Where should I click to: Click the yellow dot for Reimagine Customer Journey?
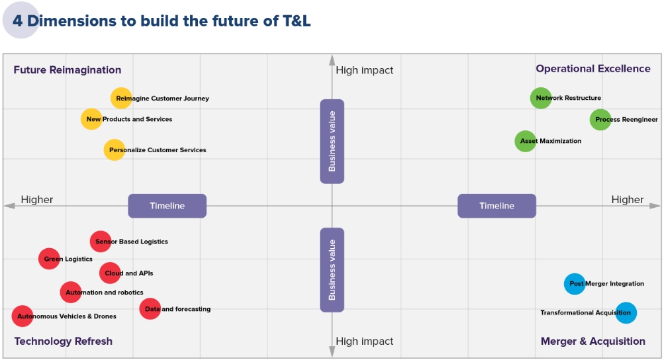tap(121, 98)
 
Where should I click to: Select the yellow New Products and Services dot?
tap(91, 119)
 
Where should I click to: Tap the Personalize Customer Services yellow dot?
tap(115, 150)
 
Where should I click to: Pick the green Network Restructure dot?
tap(541, 98)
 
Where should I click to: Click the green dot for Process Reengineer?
tap(600, 120)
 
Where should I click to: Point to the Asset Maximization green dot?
tap(526, 141)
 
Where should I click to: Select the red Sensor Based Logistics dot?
tap(101, 242)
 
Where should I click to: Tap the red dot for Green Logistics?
tap(49, 259)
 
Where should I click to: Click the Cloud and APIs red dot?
tap(111, 273)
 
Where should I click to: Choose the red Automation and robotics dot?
tap(71, 292)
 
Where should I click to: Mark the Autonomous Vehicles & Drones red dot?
tap(23, 316)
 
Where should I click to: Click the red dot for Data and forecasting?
tap(150, 308)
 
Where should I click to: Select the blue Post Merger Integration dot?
tap(575, 284)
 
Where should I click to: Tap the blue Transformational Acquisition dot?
tap(626, 312)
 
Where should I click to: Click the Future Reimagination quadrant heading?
tap(68, 69)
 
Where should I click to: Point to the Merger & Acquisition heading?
tap(593, 341)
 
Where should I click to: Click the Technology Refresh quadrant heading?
tap(64, 341)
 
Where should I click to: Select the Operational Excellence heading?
tap(593, 69)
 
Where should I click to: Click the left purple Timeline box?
tap(167, 206)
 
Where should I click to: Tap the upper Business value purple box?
tap(332, 141)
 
